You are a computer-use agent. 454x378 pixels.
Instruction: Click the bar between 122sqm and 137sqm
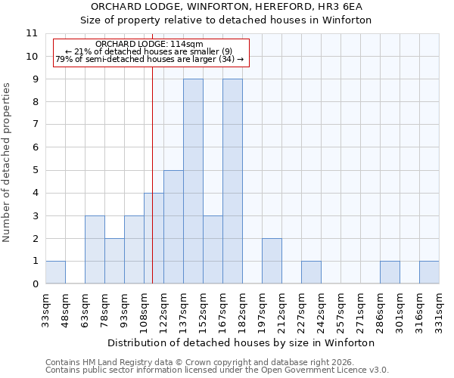[x=173, y=227]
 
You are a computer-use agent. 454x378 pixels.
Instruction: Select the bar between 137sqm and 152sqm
[x=193, y=181]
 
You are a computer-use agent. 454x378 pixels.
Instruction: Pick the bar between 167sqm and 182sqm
[x=232, y=181]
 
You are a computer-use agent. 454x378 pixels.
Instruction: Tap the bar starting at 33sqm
[x=55, y=272]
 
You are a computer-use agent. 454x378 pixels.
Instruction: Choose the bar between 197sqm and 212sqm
[x=272, y=261]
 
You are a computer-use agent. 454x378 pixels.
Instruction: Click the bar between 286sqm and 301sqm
[x=390, y=272]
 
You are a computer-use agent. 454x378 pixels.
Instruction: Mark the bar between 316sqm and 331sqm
[x=429, y=272]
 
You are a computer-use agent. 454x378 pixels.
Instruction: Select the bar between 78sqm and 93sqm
[x=114, y=261]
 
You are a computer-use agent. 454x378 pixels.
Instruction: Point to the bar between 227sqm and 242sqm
[x=311, y=272]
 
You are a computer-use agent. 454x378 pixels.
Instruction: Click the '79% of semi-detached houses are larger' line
[x=150, y=59]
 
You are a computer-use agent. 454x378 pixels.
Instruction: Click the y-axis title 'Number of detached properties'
[x=8, y=163]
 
